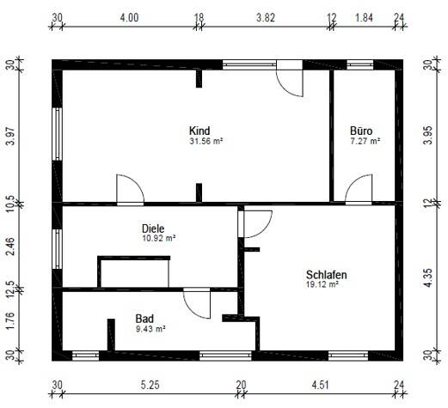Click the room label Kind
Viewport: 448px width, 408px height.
coord(199,131)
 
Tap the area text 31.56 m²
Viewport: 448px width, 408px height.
coord(206,141)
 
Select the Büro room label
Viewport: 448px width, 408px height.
coord(361,131)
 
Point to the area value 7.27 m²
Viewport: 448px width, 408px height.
coord(363,141)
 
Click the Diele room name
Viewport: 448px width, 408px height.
coord(152,228)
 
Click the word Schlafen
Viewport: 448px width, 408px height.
coord(326,275)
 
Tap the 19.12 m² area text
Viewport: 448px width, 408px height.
coord(322,284)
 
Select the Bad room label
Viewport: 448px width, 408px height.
coord(144,319)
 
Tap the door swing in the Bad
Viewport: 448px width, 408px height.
coord(197,303)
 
